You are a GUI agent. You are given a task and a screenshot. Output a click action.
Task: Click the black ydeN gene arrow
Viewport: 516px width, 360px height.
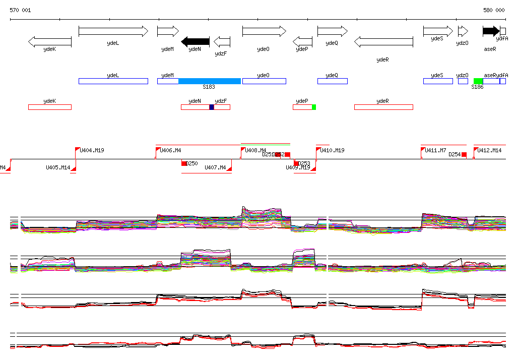pyautogui.click(x=195, y=41)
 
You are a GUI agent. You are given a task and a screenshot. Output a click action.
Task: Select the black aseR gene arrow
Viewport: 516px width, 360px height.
pyautogui.click(x=491, y=31)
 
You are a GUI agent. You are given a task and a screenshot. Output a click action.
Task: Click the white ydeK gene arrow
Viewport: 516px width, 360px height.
pyautogui.click(x=49, y=41)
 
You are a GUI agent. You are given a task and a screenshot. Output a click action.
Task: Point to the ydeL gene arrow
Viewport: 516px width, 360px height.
pyautogui.click(x=113, y=31)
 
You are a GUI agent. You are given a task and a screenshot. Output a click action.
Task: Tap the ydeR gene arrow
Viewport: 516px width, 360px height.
pyautogui.click(x=383, y=42)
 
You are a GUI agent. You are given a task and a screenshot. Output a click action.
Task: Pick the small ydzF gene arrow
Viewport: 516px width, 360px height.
pyautogui.click(x=222, y=41)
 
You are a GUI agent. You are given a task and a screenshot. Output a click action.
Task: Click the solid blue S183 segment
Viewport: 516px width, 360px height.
pyautogui.click(x=210, y=81)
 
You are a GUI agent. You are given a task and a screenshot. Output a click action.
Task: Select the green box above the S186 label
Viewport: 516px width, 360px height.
pyautogui.click(x=478, y=81)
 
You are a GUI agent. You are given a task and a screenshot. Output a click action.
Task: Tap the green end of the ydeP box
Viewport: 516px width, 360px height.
pyautogui.click(x=314, y=107)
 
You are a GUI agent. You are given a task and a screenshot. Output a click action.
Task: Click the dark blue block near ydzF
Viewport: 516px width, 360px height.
pyautogui.click(x=212, y=107)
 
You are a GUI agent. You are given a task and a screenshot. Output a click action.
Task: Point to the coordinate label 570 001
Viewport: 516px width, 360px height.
pyautogui.click(x=20, y=10)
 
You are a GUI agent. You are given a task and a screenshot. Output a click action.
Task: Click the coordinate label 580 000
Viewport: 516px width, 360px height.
pyautogui.click(x=494, y=10)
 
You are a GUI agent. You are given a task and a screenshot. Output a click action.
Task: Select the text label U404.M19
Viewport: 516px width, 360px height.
pyautogui.click(x=92, y=150)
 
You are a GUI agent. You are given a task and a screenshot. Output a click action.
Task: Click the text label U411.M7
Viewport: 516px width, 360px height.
pyautogui.click(x=435, y=150)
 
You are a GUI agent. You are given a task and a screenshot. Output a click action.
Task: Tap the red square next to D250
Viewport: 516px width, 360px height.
pyautogui.click(x=184, y=163)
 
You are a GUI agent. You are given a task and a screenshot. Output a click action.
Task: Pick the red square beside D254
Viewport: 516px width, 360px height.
pyautogui.click(x=464, y=155)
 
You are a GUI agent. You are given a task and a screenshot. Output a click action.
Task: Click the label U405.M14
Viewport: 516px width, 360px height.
pyautogui.click(x=58, y=167)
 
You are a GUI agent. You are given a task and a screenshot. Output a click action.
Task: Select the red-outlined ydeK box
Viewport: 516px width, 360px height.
pyautogui.click(x=49, y=107)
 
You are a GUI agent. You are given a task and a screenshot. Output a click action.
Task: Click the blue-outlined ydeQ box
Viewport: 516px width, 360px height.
pyautogui.click(x=332, y=81)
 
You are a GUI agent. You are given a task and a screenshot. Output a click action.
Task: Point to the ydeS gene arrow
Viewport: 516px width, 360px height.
pyautogui.click(x=438, y=31)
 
